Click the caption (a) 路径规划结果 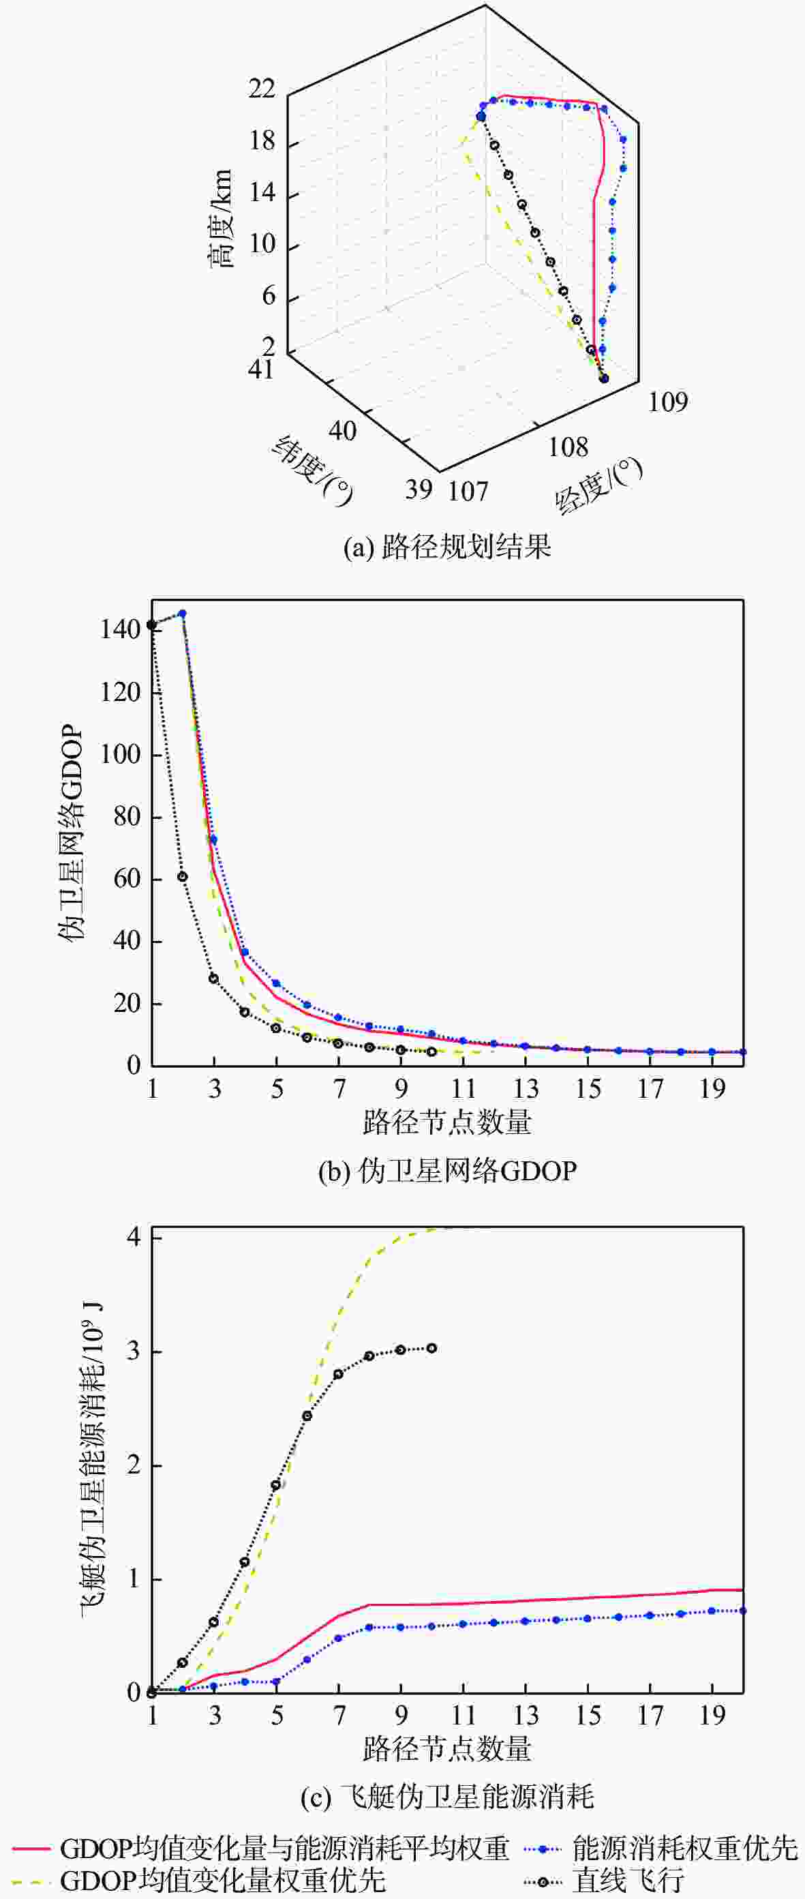[x=446, y=547]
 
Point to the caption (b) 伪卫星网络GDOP [x=446, y=1171]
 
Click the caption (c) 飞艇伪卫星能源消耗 [x=446, y=1797]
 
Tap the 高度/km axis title [x=219, y=219]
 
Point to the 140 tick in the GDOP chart [x=120, y=629]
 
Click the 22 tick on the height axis [x=262, y=89]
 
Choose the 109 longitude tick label [x=667, y=402]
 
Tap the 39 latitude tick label [x=418, y=489]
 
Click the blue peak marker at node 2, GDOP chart [x=183, y=614]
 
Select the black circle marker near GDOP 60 [x=183, y=876]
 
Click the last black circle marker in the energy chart [x=432, y=1348]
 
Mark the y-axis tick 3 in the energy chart [x=134, y=1351]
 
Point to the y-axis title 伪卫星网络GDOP [x=71, y=833]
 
